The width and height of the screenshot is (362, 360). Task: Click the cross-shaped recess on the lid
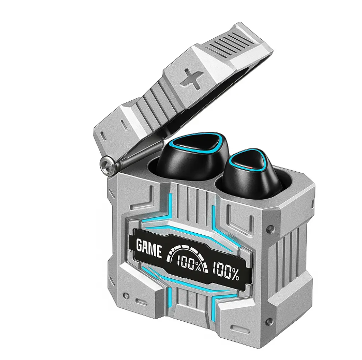point(192,79)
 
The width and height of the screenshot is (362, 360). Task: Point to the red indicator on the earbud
point(250,167)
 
